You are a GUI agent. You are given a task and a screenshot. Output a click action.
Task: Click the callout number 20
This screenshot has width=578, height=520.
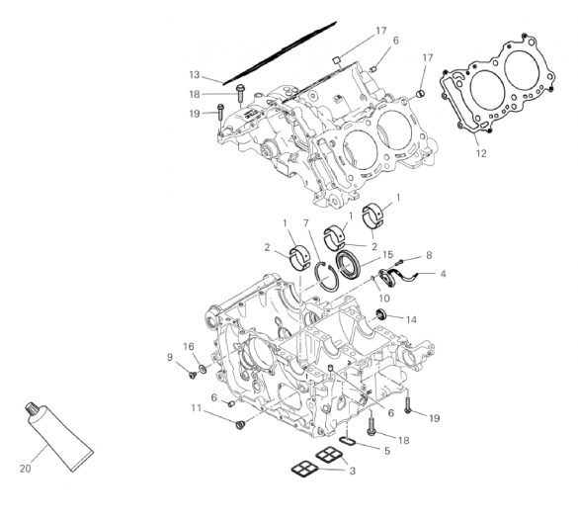coord(25,469)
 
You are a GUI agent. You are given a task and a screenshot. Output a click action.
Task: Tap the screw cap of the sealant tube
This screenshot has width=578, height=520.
coord(31,408)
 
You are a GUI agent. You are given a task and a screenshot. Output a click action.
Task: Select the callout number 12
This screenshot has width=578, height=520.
coord(481,153)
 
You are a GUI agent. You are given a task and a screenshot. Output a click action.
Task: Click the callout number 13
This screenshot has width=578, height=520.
coord(195,75)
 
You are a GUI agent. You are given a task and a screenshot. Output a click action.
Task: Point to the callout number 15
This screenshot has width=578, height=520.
coord(387,254)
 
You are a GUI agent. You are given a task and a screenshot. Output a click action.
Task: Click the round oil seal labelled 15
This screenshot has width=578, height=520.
coord(347,264)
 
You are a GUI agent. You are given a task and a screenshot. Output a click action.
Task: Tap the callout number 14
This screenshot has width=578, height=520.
coord(411,319)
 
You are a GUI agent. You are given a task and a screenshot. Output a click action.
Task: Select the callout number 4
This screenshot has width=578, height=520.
coord(443,274)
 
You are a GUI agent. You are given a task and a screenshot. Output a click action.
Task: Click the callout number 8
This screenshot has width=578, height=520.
coord(429,255)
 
